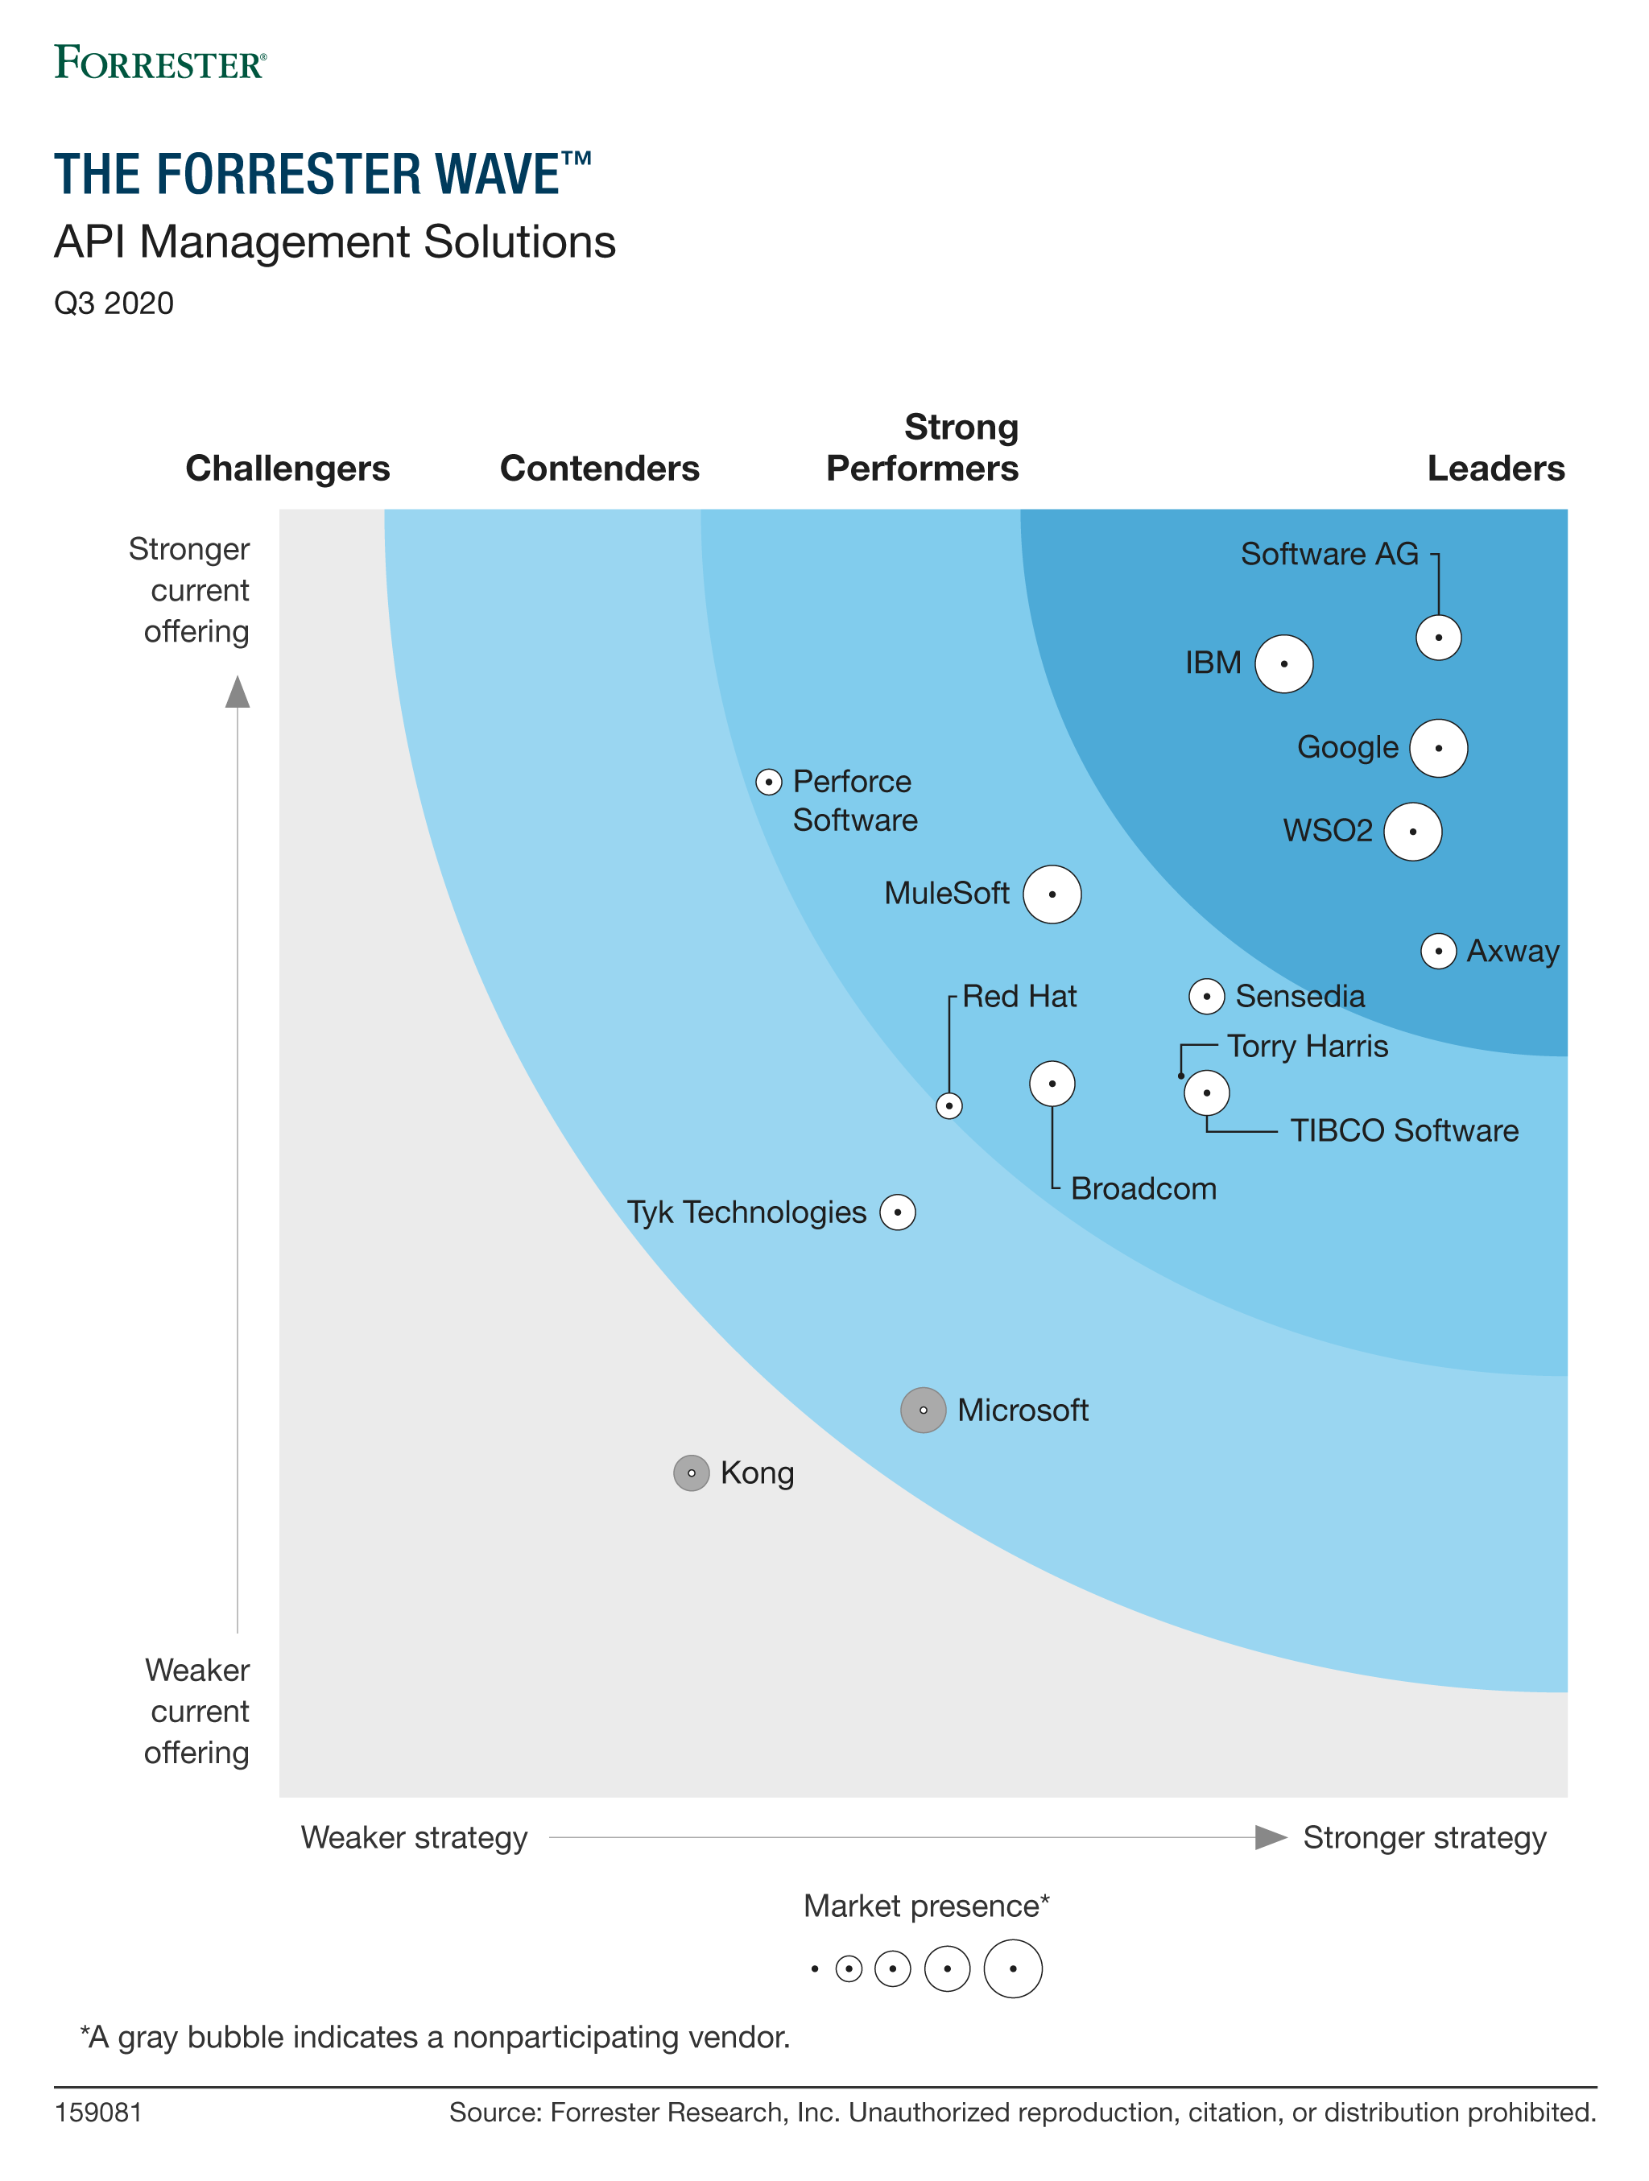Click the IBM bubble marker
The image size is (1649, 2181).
click(x=1283, y=663)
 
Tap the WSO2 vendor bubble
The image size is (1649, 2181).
click(x=1412, y=831)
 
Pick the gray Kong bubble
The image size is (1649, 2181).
click(x=692, y=1473)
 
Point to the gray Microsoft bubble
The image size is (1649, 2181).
click(x=923, y=1410)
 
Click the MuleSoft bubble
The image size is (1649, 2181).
click(x=1052, y=894)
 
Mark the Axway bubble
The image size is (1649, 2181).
click(x=1438, y=952)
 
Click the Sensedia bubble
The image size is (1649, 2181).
click(x=1206, y=997)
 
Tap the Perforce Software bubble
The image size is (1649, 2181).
click(x=768, y=782)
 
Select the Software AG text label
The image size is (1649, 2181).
click(x=1329, y=554)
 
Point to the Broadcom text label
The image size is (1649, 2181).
click(x=1143, y=1188)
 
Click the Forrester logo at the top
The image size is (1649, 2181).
click(x=159, y=62)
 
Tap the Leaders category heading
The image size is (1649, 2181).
click(x=1495, y=469)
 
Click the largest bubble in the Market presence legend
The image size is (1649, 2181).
click(x=1013, y=1969)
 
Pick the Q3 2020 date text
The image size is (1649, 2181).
click(x=114, y=303)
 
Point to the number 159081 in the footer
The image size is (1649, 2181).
click(x=98, y=2112)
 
